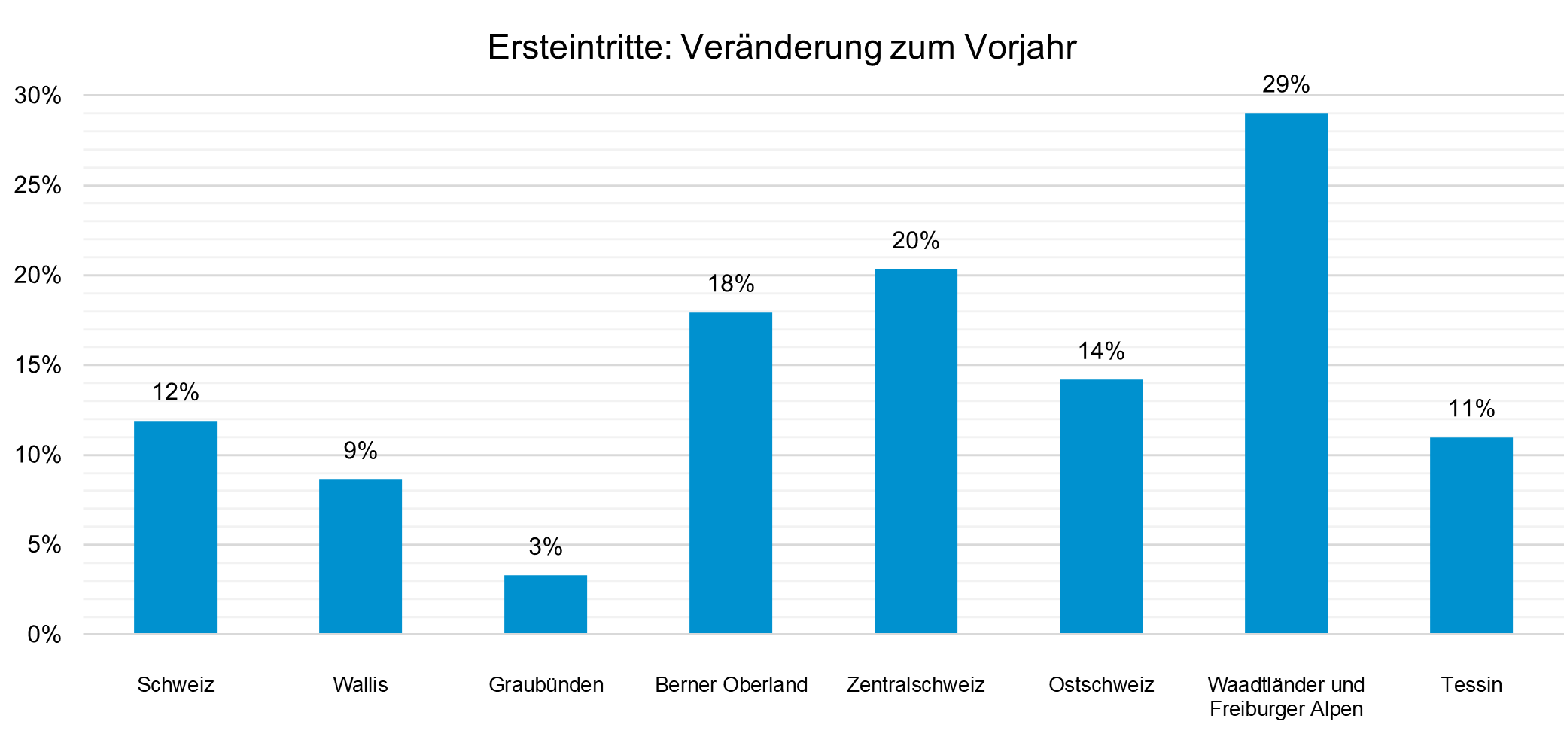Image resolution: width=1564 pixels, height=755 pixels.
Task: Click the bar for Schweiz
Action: point(175,527)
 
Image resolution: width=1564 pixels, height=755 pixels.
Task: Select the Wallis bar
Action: point(361,556)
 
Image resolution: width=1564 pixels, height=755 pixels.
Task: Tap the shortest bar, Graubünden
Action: point(546,604)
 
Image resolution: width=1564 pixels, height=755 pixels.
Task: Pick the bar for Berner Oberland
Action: point(731,473)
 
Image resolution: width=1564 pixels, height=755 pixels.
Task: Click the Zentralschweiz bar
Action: point(916,451)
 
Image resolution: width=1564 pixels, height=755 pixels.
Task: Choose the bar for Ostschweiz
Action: point(1101,506)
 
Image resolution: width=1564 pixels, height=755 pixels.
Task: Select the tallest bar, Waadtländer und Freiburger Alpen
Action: point(1286,373)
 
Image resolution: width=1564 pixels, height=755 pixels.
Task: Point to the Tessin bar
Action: point(1471,535)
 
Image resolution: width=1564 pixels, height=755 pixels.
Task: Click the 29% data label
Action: point(1286,84)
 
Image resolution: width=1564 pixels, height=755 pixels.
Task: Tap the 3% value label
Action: point(546,546)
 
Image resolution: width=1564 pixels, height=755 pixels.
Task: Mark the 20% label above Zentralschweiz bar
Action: point(916,241)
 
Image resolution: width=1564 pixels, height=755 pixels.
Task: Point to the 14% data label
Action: point(1101,351)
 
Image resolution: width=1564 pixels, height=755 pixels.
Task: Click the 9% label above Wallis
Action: point(361,451)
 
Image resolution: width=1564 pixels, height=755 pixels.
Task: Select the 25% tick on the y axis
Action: point(38,185)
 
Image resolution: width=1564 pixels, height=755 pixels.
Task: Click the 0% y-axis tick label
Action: point(44,635)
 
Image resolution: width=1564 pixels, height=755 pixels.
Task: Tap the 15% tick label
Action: point(38,365)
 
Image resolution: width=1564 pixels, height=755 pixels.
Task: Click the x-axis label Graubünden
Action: point(546,685)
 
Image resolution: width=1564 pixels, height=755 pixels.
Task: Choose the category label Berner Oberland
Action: point(731,685)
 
